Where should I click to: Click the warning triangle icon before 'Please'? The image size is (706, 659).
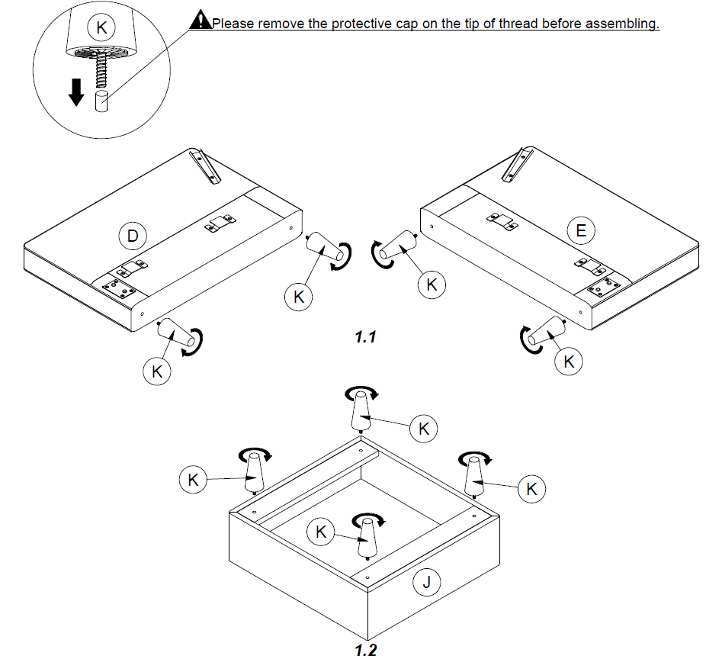200,21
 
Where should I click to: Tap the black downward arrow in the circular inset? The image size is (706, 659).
75,92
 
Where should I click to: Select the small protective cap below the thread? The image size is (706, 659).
101,102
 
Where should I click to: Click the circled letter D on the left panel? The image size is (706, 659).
132,236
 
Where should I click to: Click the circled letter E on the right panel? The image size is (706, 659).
581,230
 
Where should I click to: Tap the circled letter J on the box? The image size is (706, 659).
426,583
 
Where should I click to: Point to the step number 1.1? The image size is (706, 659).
366,336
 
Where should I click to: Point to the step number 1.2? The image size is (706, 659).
366,650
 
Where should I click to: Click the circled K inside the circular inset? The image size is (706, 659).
101,28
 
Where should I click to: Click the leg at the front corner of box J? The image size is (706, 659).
368,540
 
